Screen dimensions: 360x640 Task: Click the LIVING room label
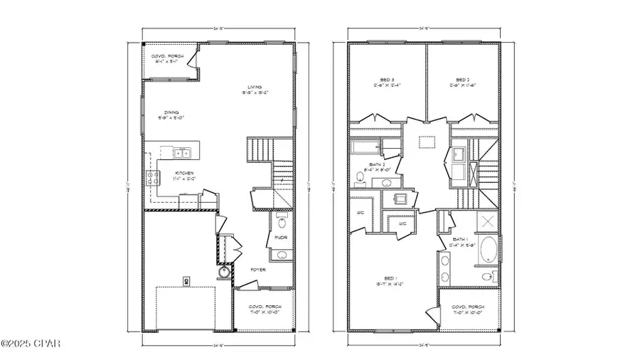[x=249, y=88]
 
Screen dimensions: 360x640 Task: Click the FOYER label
[x=257, y=270]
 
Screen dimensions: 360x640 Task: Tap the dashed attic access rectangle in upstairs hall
[x=427, y=142]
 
